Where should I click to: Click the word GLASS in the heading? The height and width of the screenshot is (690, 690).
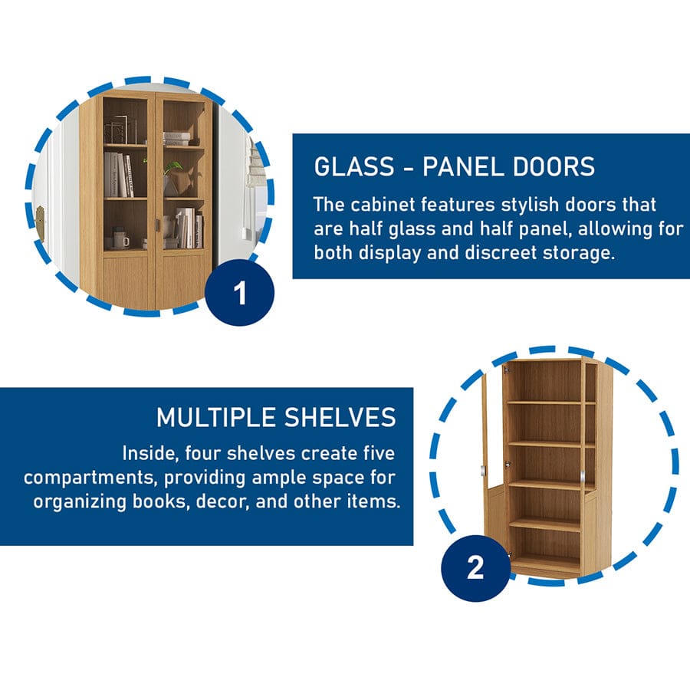353,167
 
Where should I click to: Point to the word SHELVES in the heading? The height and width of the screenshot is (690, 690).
340,417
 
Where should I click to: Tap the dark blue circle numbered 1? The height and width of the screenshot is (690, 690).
240,293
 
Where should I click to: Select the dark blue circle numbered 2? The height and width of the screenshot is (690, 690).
475,567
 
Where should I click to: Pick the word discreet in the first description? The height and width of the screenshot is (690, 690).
500,252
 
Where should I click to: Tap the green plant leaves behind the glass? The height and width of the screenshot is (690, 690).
174,167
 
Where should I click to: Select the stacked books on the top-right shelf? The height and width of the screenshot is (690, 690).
177,138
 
